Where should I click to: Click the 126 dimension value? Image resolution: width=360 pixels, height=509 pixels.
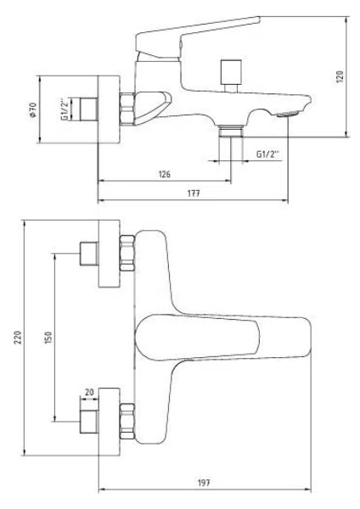pos(165,174)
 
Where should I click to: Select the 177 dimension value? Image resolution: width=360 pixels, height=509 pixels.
pos(193,194)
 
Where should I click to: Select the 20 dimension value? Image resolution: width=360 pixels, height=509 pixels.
pos(89,392)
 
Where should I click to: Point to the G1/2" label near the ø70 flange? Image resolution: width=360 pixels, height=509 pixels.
pos(65,110)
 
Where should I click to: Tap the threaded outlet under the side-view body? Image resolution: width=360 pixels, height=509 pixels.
pos(228,131)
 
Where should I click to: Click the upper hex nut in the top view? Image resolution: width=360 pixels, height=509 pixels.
pos(127,255)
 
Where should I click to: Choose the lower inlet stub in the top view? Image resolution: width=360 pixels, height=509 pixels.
pos(87,422)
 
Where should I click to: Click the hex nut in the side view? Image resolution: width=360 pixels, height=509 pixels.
pos(127,108)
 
